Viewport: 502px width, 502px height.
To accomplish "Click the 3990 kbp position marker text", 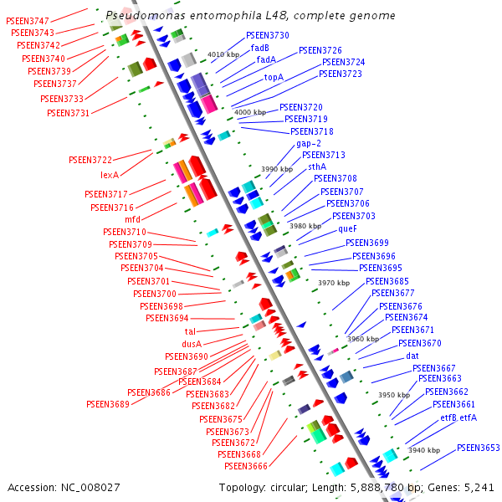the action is point(277,169).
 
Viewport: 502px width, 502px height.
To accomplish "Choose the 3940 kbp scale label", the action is point(423,450).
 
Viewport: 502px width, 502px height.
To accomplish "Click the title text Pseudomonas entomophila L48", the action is point(251,16).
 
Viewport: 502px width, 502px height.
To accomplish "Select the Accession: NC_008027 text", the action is point(64,487).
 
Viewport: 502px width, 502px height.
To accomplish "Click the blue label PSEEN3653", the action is point(479,448).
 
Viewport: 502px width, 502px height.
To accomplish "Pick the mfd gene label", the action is point(132,219).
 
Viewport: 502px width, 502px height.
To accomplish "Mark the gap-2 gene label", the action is point(309,143).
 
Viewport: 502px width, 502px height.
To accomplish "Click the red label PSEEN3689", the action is point(108,404).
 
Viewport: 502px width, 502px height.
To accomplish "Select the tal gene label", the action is point(190,331).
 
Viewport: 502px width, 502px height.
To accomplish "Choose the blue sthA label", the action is point(311,166).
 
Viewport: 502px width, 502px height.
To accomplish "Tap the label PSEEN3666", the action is point(246,466).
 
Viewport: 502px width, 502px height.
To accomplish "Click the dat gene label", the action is point(412,356).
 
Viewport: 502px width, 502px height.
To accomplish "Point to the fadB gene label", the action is point(261,48).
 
